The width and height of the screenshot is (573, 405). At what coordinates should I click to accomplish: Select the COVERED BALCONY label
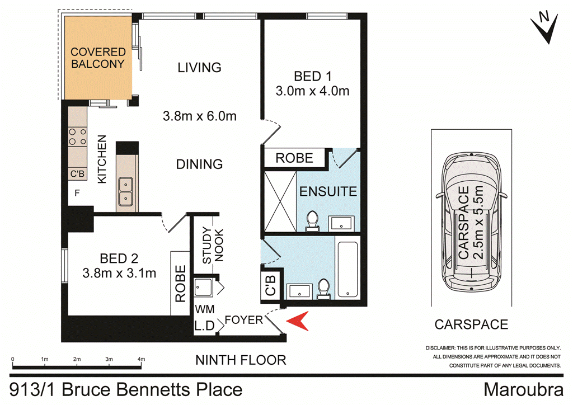[97, 58]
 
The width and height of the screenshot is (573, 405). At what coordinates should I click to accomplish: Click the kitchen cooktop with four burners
[77, 137]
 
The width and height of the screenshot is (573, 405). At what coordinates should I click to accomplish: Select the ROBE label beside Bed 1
[294, 158]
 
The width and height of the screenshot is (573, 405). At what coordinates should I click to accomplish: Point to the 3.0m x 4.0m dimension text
[312, 90]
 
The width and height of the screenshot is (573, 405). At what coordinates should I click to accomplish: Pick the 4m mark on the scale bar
[142, 359]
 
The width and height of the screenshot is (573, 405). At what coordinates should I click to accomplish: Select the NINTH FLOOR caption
[241, 360]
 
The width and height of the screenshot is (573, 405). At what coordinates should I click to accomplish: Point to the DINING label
[199, 164]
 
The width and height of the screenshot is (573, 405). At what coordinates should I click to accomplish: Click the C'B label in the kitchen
[77, 174]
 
